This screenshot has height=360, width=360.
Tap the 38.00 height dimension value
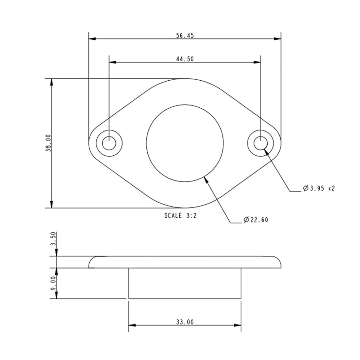click(49, 143)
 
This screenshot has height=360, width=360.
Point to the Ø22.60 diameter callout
click(256, 220)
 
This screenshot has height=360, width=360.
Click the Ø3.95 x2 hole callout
click(319, 188)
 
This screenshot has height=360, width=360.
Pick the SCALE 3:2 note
click(180, 216)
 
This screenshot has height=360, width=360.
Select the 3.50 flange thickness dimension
click(53, 239)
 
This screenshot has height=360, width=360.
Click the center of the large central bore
click(185, 143)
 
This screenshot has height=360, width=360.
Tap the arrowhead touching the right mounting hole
click(266, 151)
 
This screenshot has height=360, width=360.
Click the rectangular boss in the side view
click(184, 283)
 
